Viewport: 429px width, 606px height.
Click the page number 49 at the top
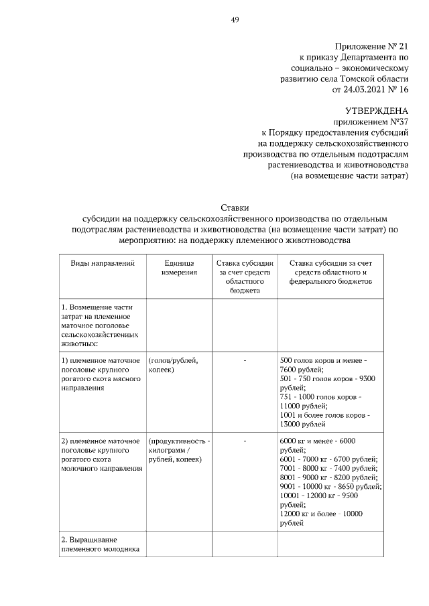click(235, 19)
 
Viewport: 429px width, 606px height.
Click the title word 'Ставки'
click(235, 208)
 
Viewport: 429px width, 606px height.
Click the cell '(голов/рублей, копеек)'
click(173, 365)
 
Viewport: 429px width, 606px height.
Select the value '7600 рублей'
click(302, 370)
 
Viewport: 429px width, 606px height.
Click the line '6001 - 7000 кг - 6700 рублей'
click(328, 459)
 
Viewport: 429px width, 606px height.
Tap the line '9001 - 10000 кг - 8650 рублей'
click(330, 487)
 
